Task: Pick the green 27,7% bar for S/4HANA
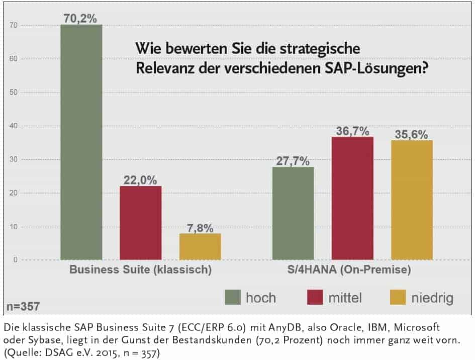(293, 213)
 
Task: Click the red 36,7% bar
(352, 198)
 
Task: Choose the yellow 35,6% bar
(412, 200)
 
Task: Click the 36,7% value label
(352, 130)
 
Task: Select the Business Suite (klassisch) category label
(140, 269)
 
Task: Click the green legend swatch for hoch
(232, 298)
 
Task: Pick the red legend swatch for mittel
(315, 298)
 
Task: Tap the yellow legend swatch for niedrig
(398, 298)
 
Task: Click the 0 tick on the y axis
(16, 260)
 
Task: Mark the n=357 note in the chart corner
(23, 306)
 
